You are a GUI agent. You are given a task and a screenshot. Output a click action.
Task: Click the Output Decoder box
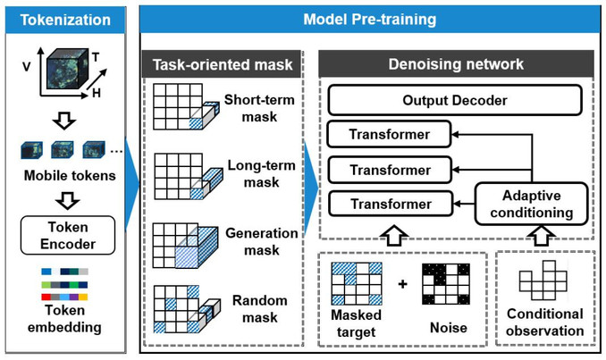click(x=455, y=100)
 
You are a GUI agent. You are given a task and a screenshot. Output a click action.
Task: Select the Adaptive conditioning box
click(x=532, y=204)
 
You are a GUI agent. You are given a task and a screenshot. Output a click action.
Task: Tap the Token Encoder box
click(x=68, y=235)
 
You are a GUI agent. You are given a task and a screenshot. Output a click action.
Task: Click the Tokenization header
click(x=65, y=20)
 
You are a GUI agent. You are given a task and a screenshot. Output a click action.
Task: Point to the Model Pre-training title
click(x=370, y=20)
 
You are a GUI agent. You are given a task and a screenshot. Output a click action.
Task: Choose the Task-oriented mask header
click(x=223, y=64)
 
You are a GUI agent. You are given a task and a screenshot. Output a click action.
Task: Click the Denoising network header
click(x=456, y=64)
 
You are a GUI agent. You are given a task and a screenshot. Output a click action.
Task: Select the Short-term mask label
click(x=259, y=108)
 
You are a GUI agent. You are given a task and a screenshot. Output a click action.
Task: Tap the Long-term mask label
click(x=261, y=173)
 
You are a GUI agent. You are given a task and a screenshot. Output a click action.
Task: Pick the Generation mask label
click(x=262, y=241)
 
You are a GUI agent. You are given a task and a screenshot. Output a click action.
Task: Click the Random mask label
click(x=260, y=308)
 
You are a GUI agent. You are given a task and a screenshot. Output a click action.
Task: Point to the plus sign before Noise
click(x=403, y=284)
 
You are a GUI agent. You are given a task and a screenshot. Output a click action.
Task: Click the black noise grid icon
click(x=446, y=284)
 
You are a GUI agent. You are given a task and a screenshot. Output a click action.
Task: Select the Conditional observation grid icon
click(x=543, y=280)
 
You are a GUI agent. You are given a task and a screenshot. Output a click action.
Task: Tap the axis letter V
click(x=26, y=67)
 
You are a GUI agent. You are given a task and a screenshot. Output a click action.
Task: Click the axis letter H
click(x=97, y=93)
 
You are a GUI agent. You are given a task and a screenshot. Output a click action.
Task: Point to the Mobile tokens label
click(x=70, y=175)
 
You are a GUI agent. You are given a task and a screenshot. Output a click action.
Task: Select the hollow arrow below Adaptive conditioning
click(x=542, y=236)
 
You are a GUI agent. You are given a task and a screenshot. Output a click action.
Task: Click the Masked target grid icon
click(x=357, y=284)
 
